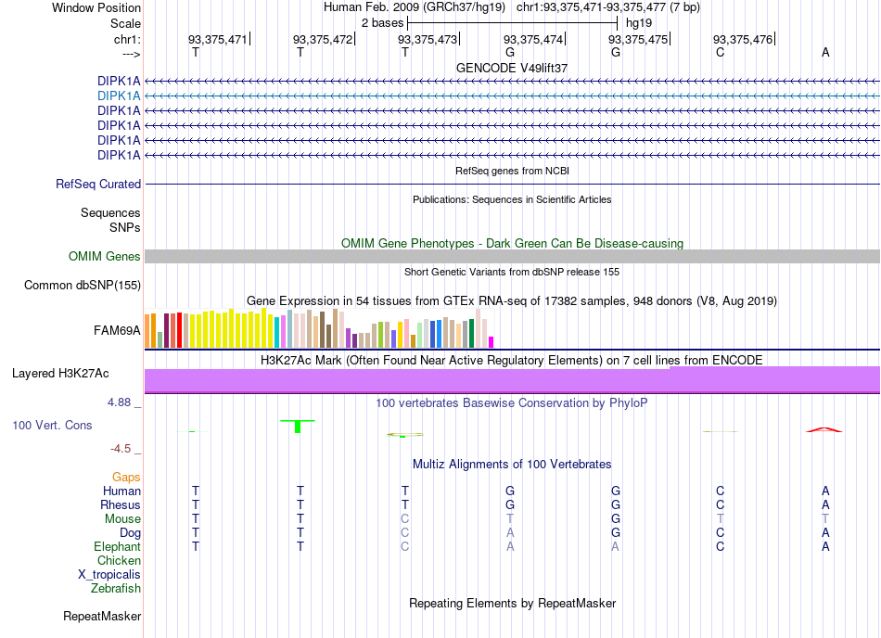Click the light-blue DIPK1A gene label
pyautogui.click(x=119, y=96)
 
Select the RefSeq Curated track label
pyautogui.click(x=98, y=185)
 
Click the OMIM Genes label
pyautogui.click(x=105, y=257)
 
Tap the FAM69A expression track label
pyautogui.click(x=117, y=331)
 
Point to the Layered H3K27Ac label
pyautogui.click(x=60, y=374)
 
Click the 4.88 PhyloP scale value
pyautogui.click(x=119, y=402)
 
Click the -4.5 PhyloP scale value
pyautogui.click(x=121, y=449)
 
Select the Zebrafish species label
pyautogui.click(x=116, y=589)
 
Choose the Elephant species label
pyautogui.click(x=118, y=547)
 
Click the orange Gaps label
pyautogui.click(x=126, y=478)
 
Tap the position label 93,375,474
pyautogui.click(x=533, y=39)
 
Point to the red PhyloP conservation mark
pyautogui.click(x=824, y=430)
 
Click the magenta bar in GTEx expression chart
pyautogui.click(x=492, y=342)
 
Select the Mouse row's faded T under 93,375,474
pyautogui.click(x=510, y=519)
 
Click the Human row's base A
pyautogui.click(x=825, y=491)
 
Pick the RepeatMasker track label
pyautogui.click(x=102, y=617)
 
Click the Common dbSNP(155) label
pyautogui.click(x=83, y=286)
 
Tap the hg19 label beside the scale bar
pyautogui.click(x=639, y=23)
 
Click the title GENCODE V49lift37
pyautogui.click(x=512, y=68)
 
